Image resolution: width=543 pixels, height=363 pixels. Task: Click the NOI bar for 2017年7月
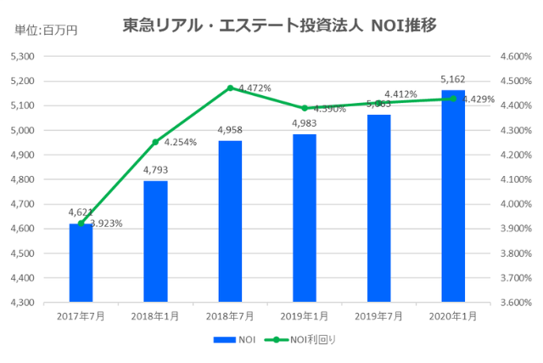coord(81,263)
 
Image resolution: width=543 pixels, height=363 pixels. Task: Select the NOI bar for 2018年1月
coord(155,241)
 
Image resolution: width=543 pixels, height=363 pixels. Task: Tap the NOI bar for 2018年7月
coord(230,221)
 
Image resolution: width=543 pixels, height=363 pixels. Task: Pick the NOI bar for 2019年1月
coord(305,218)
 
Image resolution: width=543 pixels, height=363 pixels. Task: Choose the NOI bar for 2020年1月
coord(453,196)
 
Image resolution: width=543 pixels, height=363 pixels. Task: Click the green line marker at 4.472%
coord(230,88)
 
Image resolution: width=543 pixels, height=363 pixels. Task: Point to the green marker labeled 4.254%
coord(155,142)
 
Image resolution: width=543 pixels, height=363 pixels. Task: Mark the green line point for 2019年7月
coord(379,103)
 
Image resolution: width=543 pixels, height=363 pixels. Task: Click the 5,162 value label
coord(453,79)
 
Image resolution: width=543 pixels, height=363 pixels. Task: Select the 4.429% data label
coord(478,99)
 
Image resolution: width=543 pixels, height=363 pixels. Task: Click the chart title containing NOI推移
coord(280,26)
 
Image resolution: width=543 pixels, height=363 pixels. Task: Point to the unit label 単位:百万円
coord(46,31)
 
